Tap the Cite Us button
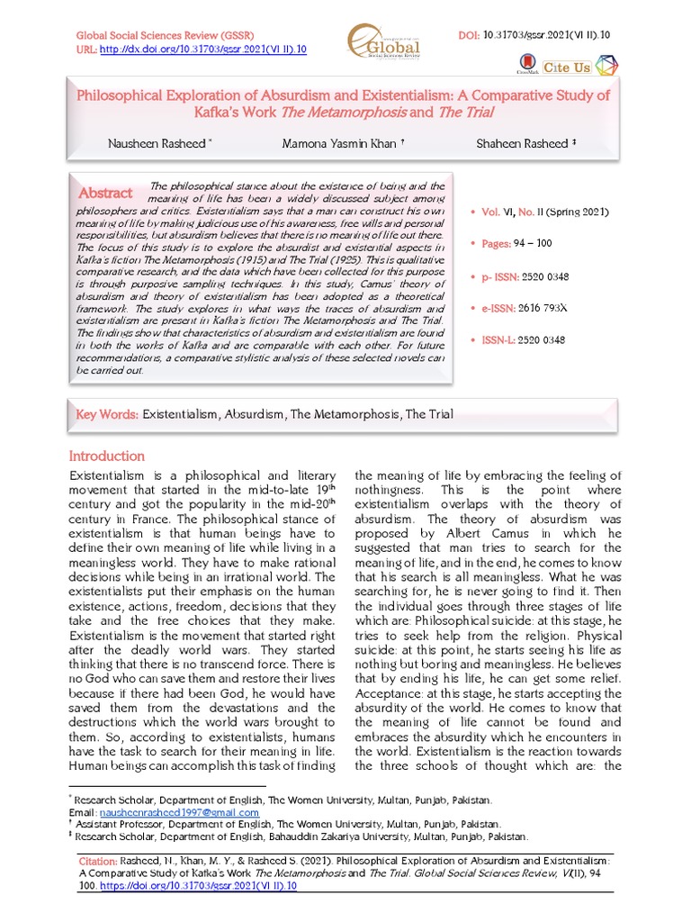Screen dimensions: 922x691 point(567,68)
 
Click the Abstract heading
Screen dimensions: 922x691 point(106,193)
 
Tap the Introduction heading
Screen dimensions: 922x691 point(107,456)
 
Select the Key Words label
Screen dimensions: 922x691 point(107,414)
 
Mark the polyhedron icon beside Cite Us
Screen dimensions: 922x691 point(608,67)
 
